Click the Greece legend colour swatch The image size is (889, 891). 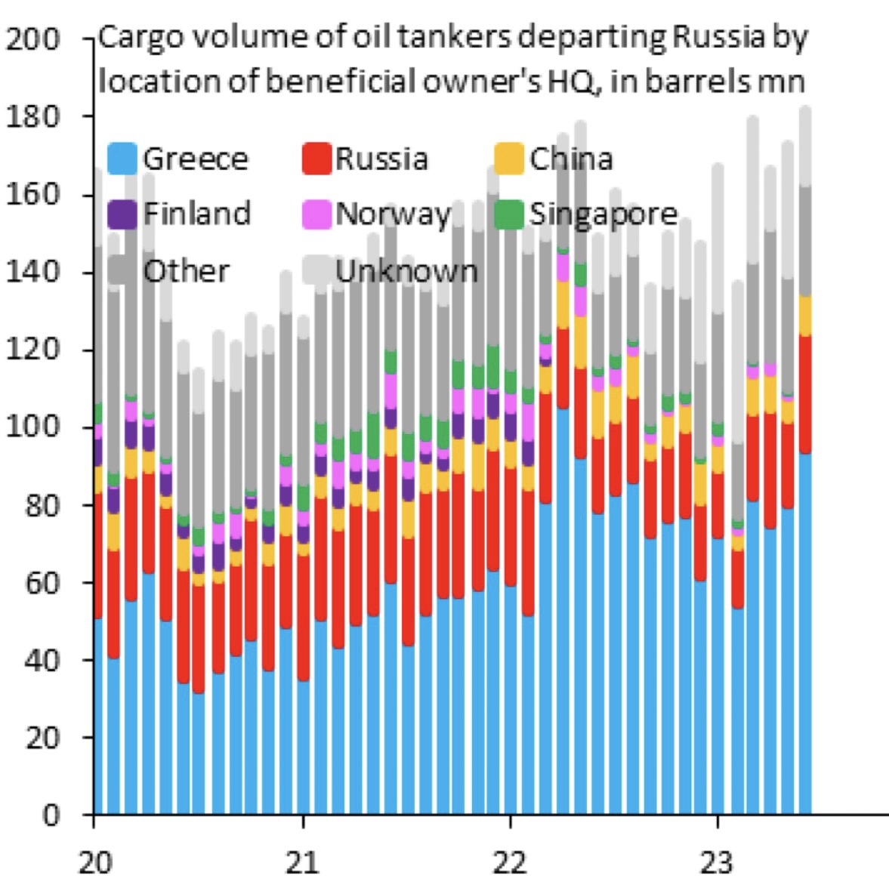(122, 159)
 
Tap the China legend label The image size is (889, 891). (571, 159)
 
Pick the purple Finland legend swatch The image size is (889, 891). (122, 214)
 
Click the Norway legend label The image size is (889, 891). (393, 214)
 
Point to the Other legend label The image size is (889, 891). (187, 270)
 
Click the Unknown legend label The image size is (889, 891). (406, 270)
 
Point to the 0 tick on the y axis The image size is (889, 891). (50, 815)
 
